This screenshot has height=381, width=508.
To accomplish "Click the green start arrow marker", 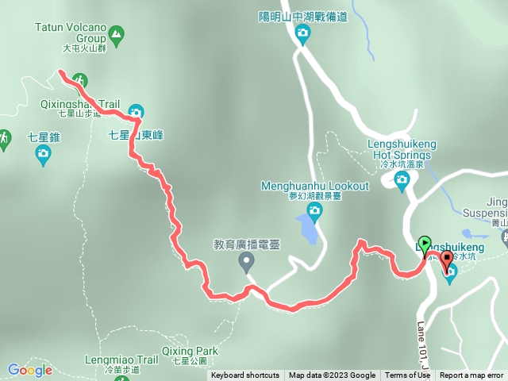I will [424, 243].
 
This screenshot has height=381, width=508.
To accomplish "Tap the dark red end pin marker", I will [446, 259].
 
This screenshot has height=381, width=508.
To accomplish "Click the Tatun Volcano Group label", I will [71, 32].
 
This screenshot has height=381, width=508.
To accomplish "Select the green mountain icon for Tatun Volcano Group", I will [117, 33].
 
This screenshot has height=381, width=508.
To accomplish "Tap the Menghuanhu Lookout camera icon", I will [314, 210].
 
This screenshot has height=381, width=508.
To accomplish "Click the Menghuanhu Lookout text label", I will [315, 186].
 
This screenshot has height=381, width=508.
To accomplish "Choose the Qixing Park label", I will [189, 350].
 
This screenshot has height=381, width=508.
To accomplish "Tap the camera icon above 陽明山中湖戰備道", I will [302, 33].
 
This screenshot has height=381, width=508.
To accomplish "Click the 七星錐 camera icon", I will [44, 157].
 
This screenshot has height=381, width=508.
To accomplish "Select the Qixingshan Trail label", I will [79, 104].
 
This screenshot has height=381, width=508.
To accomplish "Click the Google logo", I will [29, 370].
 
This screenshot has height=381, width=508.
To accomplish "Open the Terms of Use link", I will [407, 375].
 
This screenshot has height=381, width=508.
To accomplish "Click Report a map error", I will [471, 375].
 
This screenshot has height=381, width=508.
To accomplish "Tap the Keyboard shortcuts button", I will [244, 375].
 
